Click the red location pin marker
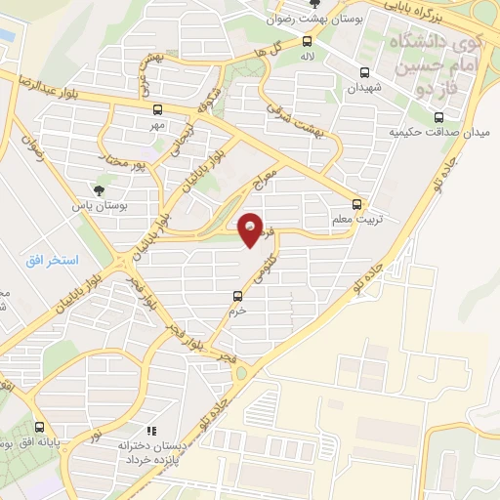(251, 229)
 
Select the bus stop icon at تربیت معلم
(356, 205)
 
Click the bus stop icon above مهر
(157, 110)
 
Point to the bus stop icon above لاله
(308, 41)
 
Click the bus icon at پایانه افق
(40, 427)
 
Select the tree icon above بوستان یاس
(98, 189)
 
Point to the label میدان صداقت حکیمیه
(436, 131)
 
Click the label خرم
(237, 312)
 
